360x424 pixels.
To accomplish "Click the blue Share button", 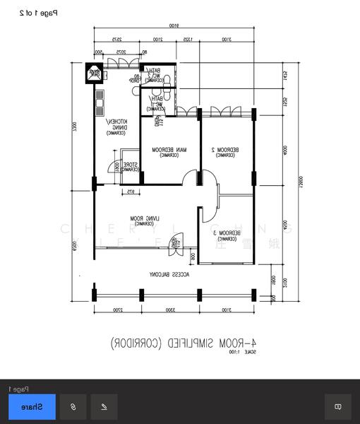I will click(x=32, y=406).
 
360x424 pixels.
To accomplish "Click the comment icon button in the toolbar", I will click(x=337, y=406).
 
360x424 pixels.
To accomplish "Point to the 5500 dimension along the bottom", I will click(x=170, y=310).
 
